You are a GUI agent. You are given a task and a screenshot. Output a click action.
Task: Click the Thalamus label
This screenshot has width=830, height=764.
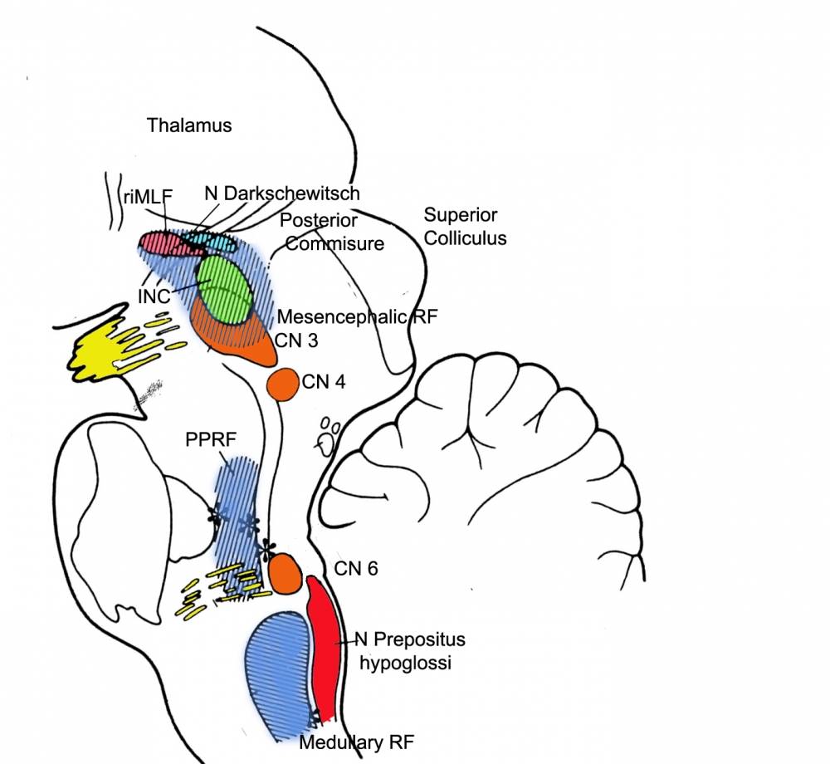[189, 126]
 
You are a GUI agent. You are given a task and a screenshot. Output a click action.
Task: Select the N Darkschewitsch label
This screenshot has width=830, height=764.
[282, 193]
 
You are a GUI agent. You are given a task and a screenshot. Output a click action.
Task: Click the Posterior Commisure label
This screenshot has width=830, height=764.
[332, 232]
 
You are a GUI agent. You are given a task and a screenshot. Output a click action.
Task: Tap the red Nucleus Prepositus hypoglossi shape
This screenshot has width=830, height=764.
[324, 639]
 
